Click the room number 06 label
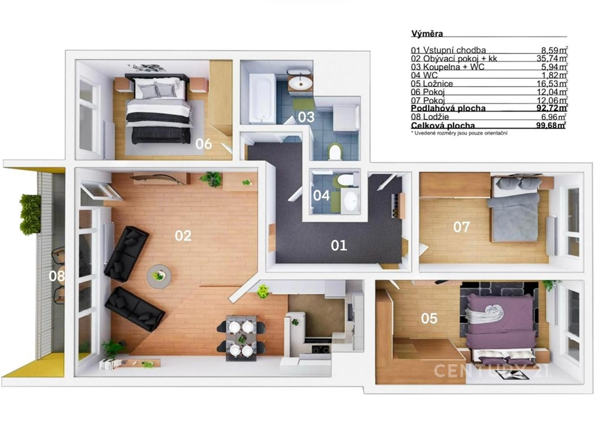click(203, 144)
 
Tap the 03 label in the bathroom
click(306, 117)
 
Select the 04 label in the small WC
click(321, 195)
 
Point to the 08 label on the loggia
click(57, 275)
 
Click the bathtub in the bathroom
click(262, 98)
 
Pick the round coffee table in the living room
click(159, 276)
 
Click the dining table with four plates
click(241, 338)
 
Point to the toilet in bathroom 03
click(335, 152)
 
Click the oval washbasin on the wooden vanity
click(300, 81)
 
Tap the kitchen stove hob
click(320, 349)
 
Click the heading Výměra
click(427, 34)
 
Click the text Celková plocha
click(443, 125)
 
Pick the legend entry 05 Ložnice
click(432, 84)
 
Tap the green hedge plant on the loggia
click(31, 215)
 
